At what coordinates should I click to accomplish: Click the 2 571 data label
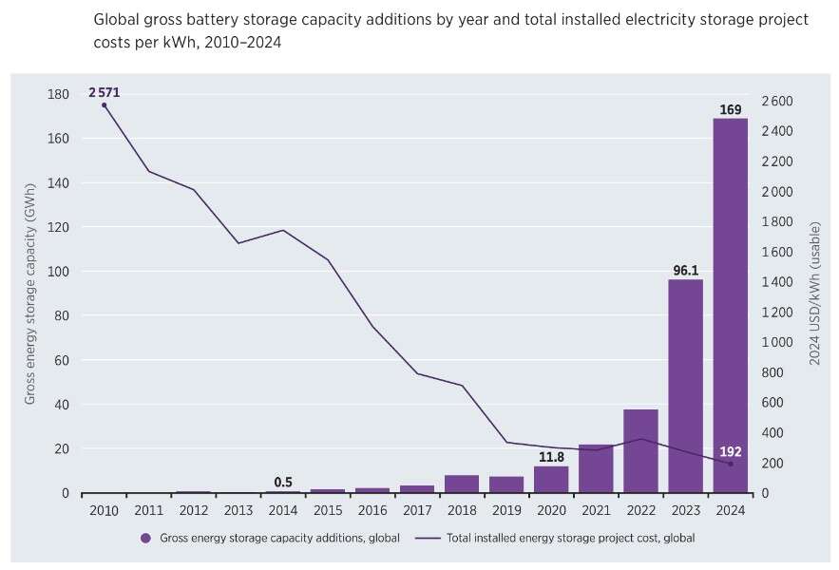pos(105,92)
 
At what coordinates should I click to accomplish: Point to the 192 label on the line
pos(730,451)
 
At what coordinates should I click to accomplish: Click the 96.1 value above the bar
pos(685,270)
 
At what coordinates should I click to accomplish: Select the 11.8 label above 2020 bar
pos(550,457)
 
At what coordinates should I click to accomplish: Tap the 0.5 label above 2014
pos(282,481)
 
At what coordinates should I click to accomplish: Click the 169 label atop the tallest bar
pos(730,109)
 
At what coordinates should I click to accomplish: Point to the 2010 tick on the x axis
pos(104,510)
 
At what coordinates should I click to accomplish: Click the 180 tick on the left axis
pos(58,94)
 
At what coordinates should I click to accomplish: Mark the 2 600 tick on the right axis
pos(776,102)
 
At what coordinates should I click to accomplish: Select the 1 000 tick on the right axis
pos(776,342)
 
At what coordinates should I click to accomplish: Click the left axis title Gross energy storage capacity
pos(30,294)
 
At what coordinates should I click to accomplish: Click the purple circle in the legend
pos(145,538)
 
